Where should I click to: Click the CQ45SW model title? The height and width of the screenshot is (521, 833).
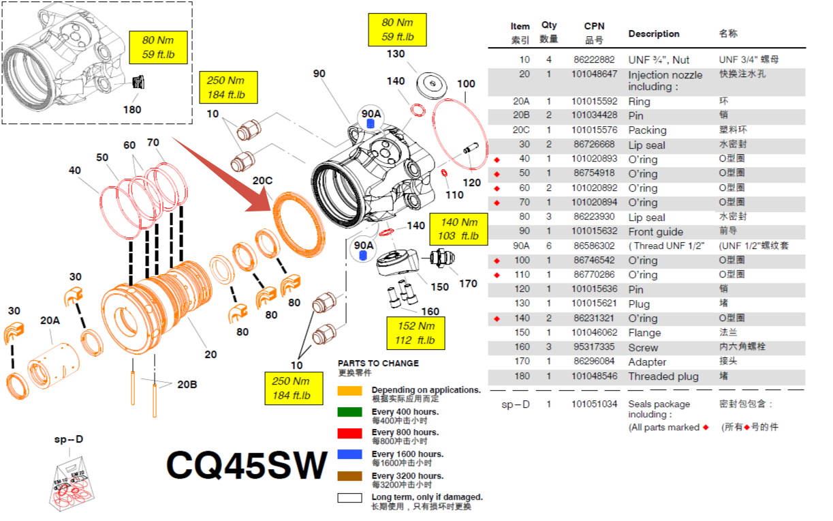(247, 466)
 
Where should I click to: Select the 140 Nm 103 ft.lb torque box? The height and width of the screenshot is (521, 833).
(459, 229)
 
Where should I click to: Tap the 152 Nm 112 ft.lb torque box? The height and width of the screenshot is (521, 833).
(417, 333)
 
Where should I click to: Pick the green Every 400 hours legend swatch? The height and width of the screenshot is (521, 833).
(349, 412)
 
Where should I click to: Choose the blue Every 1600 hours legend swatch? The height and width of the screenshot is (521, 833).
(349, 454)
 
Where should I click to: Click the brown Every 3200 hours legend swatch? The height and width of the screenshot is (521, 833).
(349, 476)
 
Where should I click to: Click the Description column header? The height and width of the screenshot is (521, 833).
(653, 33)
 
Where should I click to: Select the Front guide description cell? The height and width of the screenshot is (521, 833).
(655, 232)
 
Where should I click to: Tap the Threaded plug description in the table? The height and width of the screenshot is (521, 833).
(663, 376)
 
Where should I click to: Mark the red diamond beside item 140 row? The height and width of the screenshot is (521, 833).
(497, 318)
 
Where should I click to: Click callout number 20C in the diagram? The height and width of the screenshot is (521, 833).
(263, 181)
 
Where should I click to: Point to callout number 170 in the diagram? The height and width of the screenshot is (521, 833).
(468, 284)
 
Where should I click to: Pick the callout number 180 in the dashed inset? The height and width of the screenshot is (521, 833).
(131, 109)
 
